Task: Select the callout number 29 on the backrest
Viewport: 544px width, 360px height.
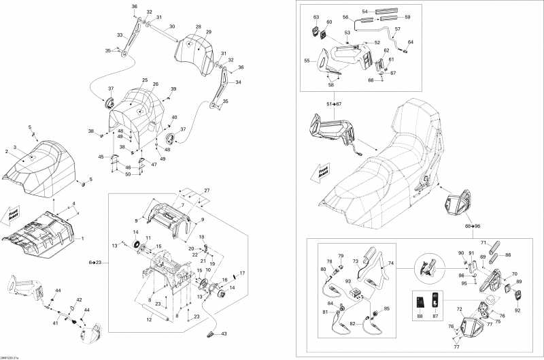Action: point(209,32)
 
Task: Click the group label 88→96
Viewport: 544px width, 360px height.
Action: point(473,225)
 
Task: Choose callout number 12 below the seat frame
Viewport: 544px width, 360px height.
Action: point(148,318)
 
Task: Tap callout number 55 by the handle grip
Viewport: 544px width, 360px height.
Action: point(307,61)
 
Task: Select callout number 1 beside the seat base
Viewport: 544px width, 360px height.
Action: point(83,238)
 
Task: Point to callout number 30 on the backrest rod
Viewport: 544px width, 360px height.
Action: point(172,27)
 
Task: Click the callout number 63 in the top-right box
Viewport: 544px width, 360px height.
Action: point(316,17)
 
